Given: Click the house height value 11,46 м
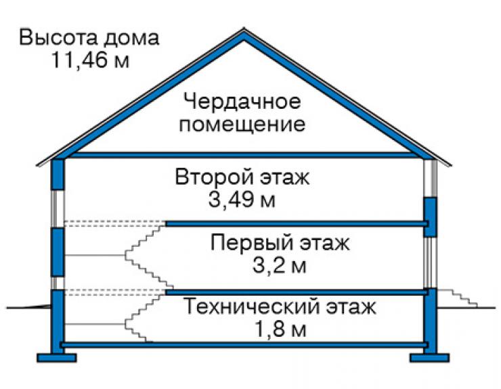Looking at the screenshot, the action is (x=90, y=60).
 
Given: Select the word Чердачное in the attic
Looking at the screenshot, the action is (x=242, y=103).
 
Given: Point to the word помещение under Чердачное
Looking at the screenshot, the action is (x=242, y=125).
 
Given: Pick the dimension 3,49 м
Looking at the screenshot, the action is (x=242, y=200).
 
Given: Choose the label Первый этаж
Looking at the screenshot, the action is (x=280, y=244).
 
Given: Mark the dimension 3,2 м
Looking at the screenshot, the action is (x=280, y=266).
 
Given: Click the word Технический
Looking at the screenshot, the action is (x=253, y=306).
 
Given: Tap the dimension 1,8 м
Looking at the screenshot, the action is (x=280, y=329).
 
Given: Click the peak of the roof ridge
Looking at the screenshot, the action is (x=244, y=28).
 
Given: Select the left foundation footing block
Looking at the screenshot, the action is (x=57, y=358).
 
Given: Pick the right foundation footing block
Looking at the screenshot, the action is (x=430, y=358).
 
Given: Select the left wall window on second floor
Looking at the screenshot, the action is (x=58, y=208).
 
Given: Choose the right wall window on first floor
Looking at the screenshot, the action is (x=430, y=262).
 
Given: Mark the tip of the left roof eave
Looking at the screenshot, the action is (x=37, y=165).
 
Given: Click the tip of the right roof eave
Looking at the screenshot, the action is (x=451, y=165).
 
